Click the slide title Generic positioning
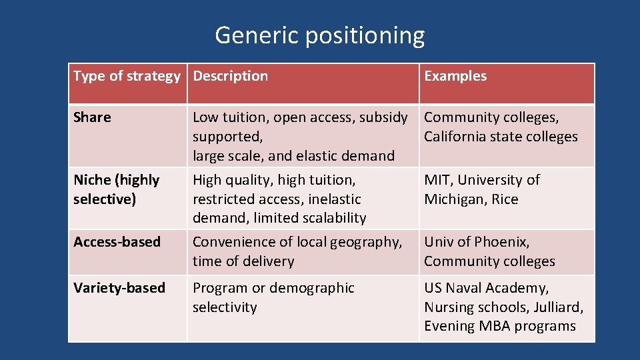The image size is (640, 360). [x=319, y=35]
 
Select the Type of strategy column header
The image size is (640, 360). [x=127, y=76]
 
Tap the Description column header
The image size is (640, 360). [x=230, y=76]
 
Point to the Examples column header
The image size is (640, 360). [x=455, y=76]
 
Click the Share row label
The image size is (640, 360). [x=92, y=117]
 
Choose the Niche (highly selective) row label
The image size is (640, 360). [x=116, y=189]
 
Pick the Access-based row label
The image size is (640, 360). [x=117, y=242]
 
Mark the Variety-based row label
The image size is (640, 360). [x=119, y=288]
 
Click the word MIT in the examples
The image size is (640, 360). [x=437, y=180]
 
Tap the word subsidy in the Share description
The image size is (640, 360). [x=383, y=118]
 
